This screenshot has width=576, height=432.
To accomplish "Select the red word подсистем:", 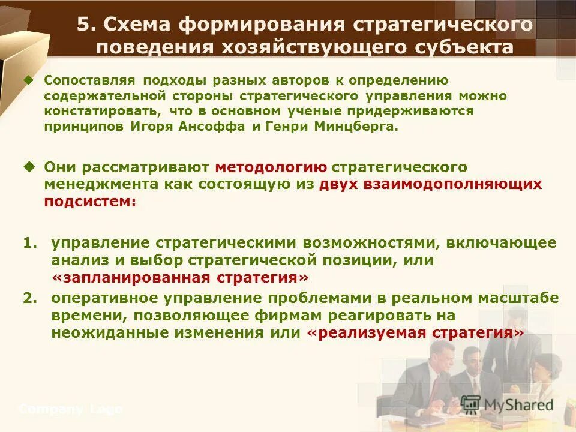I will tap(90, 202).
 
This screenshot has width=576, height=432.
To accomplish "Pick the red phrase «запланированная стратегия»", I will tap(180, 278).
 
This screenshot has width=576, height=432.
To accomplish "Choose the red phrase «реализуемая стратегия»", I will tap(415, 333).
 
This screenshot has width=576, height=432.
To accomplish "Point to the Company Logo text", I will tap(71, 409).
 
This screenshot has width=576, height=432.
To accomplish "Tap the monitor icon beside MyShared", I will tap(470, 404).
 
